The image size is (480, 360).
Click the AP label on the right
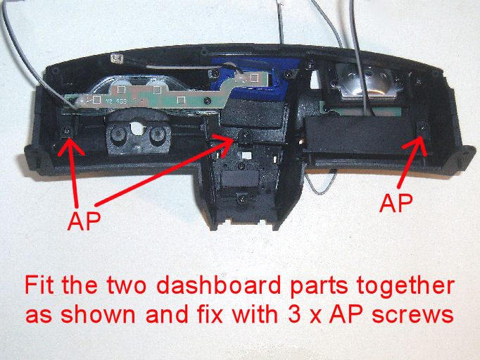(396, 204)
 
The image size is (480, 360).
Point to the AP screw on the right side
(423, 127)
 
